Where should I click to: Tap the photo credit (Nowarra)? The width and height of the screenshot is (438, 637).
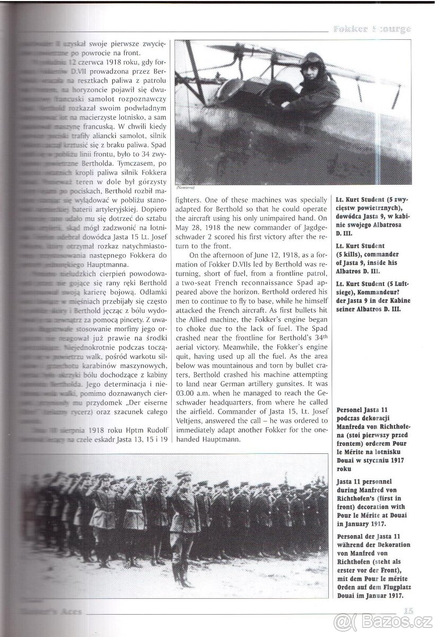(x=186, y=187)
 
